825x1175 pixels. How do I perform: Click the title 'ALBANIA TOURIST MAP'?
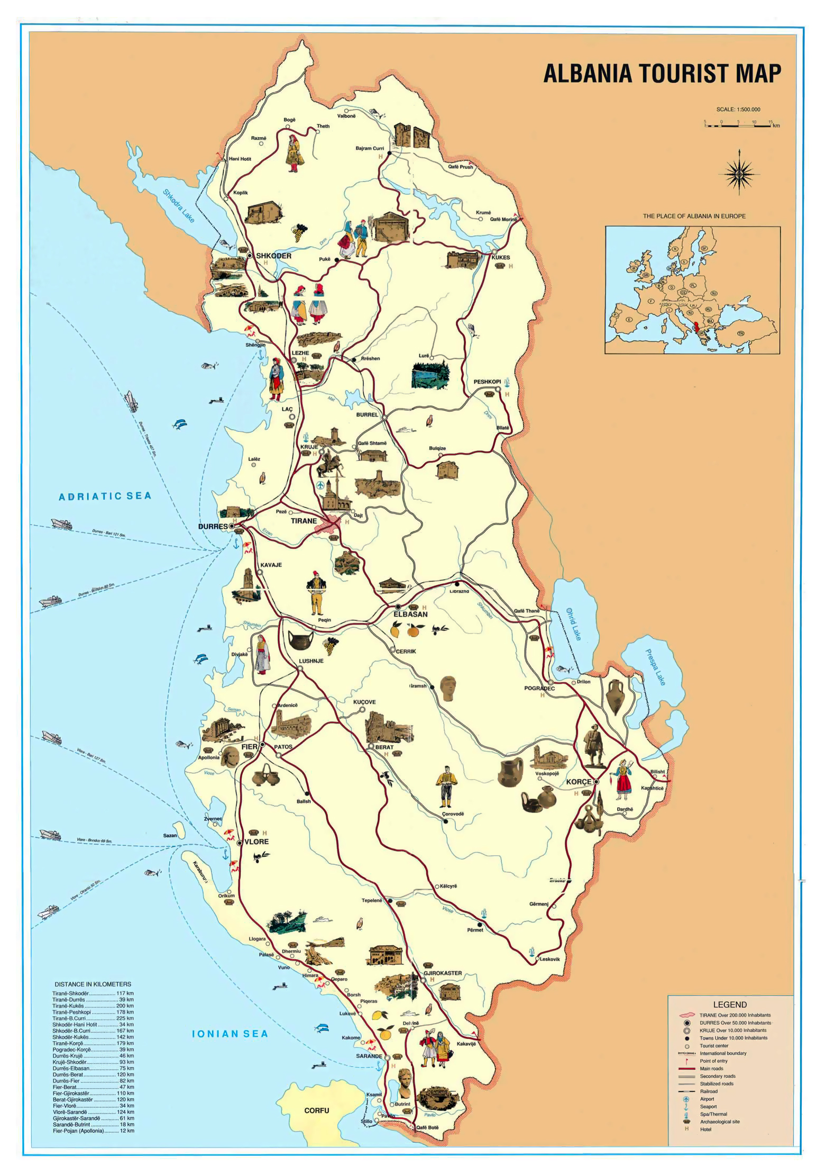[x=662, y=73]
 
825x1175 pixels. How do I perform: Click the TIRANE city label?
[x=304, y=521]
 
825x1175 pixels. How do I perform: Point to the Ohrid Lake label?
[x=573, y=624]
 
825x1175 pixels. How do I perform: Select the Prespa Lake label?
[x=655, y=667]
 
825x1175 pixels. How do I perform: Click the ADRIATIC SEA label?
[x=105, y=496]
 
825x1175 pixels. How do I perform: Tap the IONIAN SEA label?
[x=230, y=1034]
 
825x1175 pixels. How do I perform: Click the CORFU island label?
[x=316, y=1110]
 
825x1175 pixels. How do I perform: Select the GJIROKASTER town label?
[x=443, y=973]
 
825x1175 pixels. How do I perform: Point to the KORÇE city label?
[x=579, y=782]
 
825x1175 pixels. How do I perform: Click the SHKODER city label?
[x=273, y=256]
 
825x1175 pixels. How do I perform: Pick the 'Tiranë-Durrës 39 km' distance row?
[x=93, y=1000]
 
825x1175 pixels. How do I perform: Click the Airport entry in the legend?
[x=707, y=1099]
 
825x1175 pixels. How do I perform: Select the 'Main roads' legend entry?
[x=711, y=1069]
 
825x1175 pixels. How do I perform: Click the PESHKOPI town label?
[x=487, y=382]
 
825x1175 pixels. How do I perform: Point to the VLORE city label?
[x=256, y=842]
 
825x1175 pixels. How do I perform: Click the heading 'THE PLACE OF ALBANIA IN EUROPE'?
[x=694, y=216]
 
